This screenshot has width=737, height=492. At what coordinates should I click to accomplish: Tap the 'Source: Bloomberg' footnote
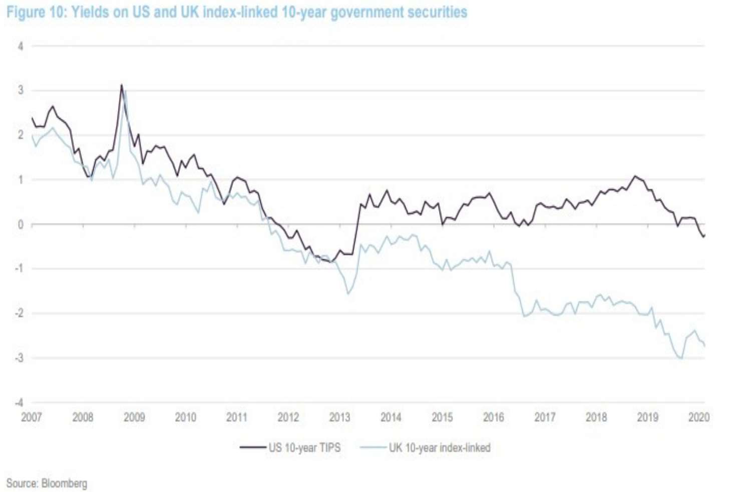coord(47,483)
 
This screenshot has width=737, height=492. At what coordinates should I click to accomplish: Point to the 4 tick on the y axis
coord(21,46)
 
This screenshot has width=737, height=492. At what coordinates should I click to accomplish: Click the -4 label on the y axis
coord(19,402)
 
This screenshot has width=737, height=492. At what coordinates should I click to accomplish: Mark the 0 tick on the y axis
coord(21,224)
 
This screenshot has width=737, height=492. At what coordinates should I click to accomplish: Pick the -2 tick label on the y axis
coord(19,313)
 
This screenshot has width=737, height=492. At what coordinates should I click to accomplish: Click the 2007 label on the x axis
coord(32,417)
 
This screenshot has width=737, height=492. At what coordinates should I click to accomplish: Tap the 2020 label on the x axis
coord(699,417)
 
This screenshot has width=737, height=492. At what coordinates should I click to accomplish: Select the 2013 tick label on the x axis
coord(339,417)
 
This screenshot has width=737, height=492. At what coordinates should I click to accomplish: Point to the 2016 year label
coord(493,417)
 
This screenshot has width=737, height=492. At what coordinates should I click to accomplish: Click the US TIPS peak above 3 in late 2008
coord(121,85)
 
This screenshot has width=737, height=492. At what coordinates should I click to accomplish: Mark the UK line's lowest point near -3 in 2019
coord(681,358)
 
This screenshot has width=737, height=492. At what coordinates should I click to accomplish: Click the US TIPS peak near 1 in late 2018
coord(635,176)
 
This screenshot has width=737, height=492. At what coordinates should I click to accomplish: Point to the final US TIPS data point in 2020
coord(704,236)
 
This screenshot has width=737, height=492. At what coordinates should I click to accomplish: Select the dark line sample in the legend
coord(252,447)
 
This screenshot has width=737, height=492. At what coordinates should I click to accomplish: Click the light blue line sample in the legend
coord(373,447)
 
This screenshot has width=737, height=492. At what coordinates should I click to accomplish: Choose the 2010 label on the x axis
coord(185,417)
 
